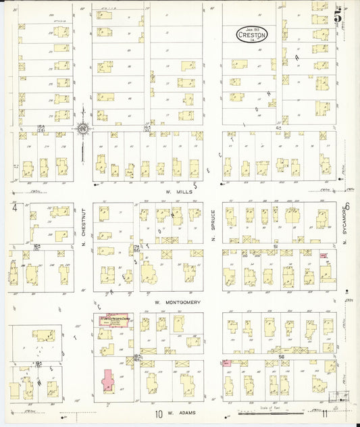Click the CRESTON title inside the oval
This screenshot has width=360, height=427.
(x=252, y=33)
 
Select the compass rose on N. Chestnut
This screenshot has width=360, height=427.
(x=82, y=127)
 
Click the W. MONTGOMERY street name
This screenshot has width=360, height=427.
(x=178, y=303)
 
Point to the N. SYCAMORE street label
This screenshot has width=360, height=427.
(x=344, y=230)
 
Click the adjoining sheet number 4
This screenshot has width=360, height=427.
(x=14, y=208)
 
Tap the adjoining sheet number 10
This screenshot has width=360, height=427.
(x=158, y=413)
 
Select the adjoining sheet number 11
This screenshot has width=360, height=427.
(x=325, y=413)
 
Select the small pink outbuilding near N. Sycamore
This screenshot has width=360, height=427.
(x=324, y=256)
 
